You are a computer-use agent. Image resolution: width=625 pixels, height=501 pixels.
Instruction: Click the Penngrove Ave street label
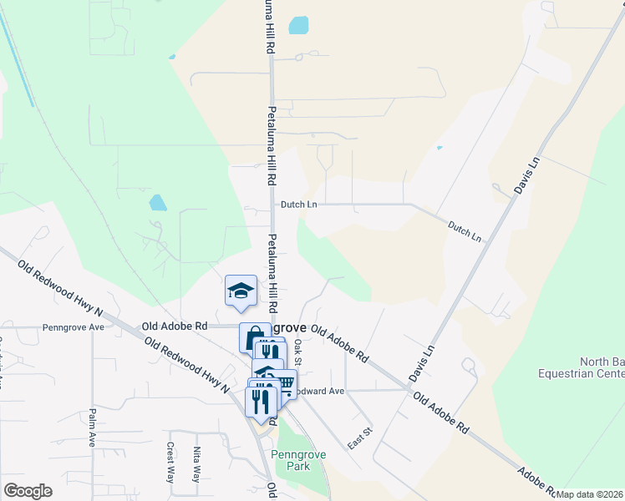(x=74, y=327)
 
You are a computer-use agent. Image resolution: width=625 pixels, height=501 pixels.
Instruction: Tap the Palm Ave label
(x=92, y=427)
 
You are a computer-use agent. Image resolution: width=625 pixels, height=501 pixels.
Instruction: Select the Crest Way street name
(x=170, y=463)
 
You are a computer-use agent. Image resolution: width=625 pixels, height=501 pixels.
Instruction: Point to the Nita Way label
(x=197, y=463)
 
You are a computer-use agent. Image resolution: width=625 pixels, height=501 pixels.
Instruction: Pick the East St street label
(x=360, y=437)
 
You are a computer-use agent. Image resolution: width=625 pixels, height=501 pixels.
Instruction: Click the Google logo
(x=28, y=491)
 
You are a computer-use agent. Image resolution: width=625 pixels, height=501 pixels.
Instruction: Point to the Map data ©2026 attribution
(x=590, y=494)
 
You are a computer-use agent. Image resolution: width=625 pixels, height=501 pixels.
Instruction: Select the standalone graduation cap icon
(x=241, y=290)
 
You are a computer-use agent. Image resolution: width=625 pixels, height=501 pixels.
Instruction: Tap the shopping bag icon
(x=252, y=339)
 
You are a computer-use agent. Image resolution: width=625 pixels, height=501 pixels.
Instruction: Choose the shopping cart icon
(x=284, y=383)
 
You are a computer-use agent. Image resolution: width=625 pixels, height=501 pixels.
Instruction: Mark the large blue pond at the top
(x=298, y=25)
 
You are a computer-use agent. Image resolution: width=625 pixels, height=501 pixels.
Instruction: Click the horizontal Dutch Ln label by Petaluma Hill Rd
(x=298, y=204)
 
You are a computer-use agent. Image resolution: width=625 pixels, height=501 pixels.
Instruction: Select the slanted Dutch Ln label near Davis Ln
(x=465, y=231)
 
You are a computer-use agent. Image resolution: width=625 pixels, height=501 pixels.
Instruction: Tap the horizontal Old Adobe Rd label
(x=175, y=326)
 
